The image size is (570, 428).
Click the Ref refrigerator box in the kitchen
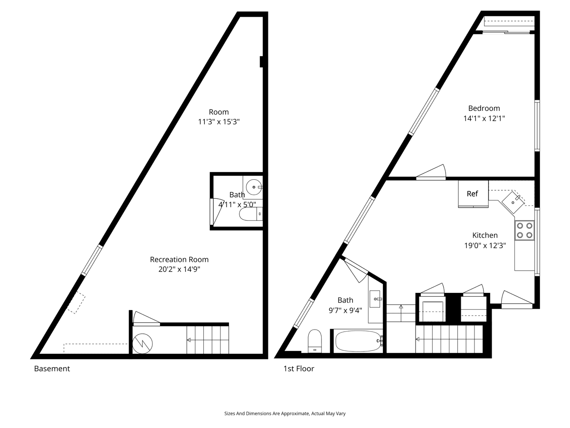pos(473,194)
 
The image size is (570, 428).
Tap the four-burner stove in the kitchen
pos(524,231)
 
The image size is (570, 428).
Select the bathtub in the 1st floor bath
pos(358,341)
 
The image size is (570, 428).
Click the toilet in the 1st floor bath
pos(315,341)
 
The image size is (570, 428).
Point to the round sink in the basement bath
pos(254,187)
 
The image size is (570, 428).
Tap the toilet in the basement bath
pos(251,214)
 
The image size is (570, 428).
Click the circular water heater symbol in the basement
pos(142,343)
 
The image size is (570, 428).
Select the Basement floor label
pos(52,369)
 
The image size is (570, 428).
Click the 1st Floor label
pos(299,369)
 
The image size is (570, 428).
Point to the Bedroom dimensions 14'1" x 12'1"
pos(484,118)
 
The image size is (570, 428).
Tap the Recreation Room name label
pos(179,259)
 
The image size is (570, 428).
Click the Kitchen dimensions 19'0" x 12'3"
pos(485,245)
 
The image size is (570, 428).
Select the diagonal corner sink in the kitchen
pos(513,202)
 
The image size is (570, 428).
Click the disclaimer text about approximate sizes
pos(285,414)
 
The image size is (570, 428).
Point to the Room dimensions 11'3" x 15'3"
pos(218,122)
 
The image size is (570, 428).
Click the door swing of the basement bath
pos(217,212)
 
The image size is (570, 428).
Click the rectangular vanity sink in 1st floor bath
pos(375,299)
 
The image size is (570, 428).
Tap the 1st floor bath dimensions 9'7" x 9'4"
pos(345,310)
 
